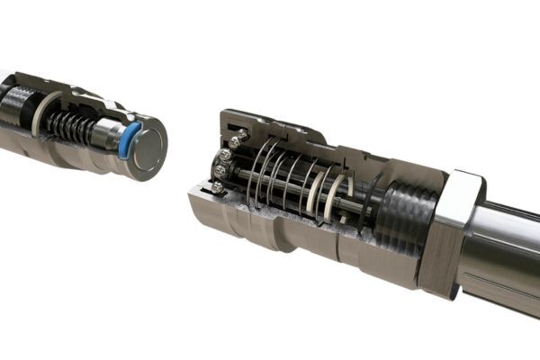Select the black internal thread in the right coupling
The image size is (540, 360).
[x=400, y=216]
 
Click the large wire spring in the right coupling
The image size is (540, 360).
[x=270, y=175]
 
